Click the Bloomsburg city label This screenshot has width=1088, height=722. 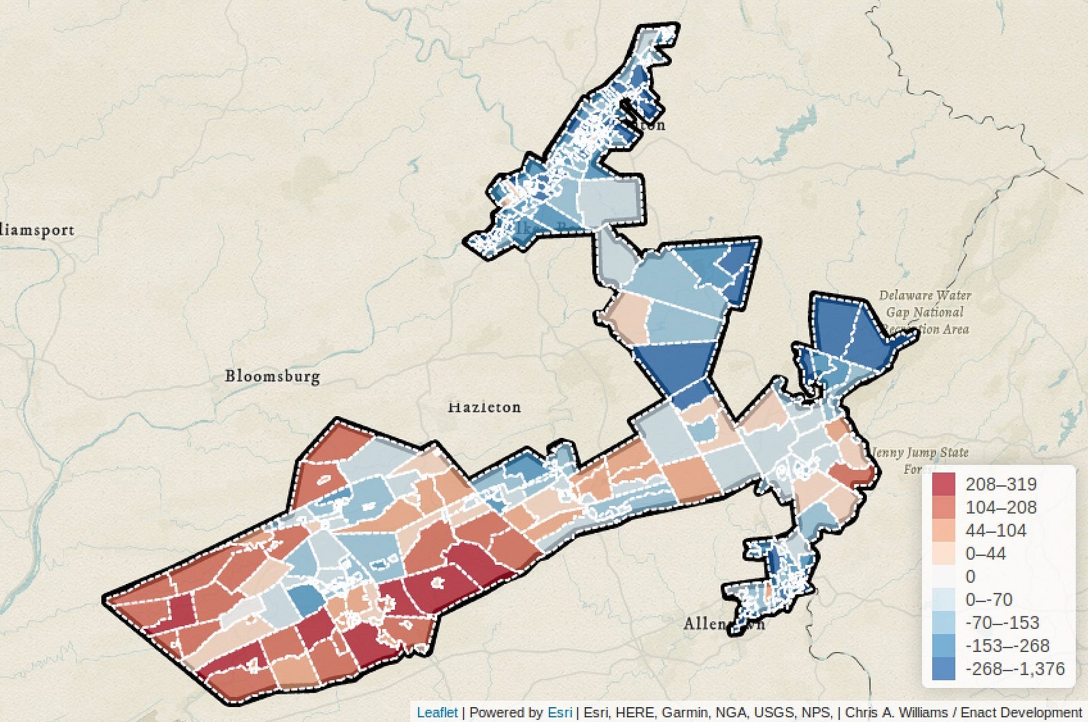(x=272, y=376)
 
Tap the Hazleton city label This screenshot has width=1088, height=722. (x=484, y=407)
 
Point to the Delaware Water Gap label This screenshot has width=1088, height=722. (x=925, y=312)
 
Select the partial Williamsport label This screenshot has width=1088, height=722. (x=37, y=230)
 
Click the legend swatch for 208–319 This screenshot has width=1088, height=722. (x=943, y=485)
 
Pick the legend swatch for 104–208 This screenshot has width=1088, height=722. (x=943, y=508)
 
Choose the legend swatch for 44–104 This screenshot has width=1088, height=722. (x=943, y=531)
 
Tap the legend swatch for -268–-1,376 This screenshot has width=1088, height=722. (x=943, y=669)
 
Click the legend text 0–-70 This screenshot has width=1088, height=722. (x=989, y=600)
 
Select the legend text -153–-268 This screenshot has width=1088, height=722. (x=1007, y=646)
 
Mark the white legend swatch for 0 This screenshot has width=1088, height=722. (x=943, y=577)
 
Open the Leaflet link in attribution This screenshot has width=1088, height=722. (x=437, y=712)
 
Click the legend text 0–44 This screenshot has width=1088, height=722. (x=985, y=554)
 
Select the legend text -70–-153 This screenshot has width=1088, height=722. (x=1002, y=623)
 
